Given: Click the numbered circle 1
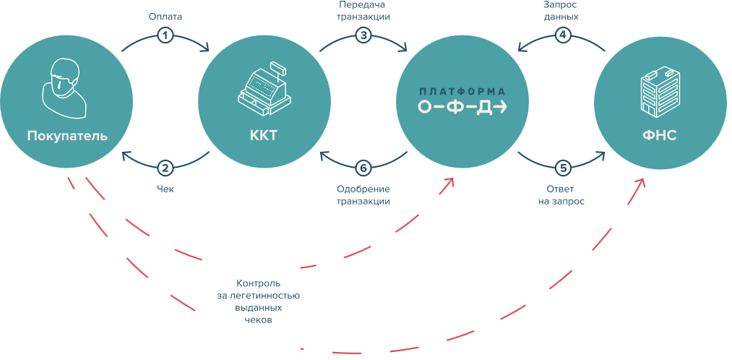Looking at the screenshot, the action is point(165,35).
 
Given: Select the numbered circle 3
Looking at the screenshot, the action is point(363,35).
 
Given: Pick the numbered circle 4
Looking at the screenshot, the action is point(561,35).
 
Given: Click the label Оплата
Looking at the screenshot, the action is point(165,17).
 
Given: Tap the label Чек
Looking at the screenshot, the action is point(165,189).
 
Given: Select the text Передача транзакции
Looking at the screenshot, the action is point(363,11).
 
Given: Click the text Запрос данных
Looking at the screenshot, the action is point(561,11).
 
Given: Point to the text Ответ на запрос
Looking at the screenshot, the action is point(561,196).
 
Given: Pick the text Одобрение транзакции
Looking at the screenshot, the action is point(363,196).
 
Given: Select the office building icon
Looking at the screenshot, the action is point(660,93).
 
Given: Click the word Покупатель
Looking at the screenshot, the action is point(67,137).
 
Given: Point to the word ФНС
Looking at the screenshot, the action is point(660,136).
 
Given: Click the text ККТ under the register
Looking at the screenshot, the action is point(264,136).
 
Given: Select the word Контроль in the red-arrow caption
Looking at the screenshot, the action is point(258,283).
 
